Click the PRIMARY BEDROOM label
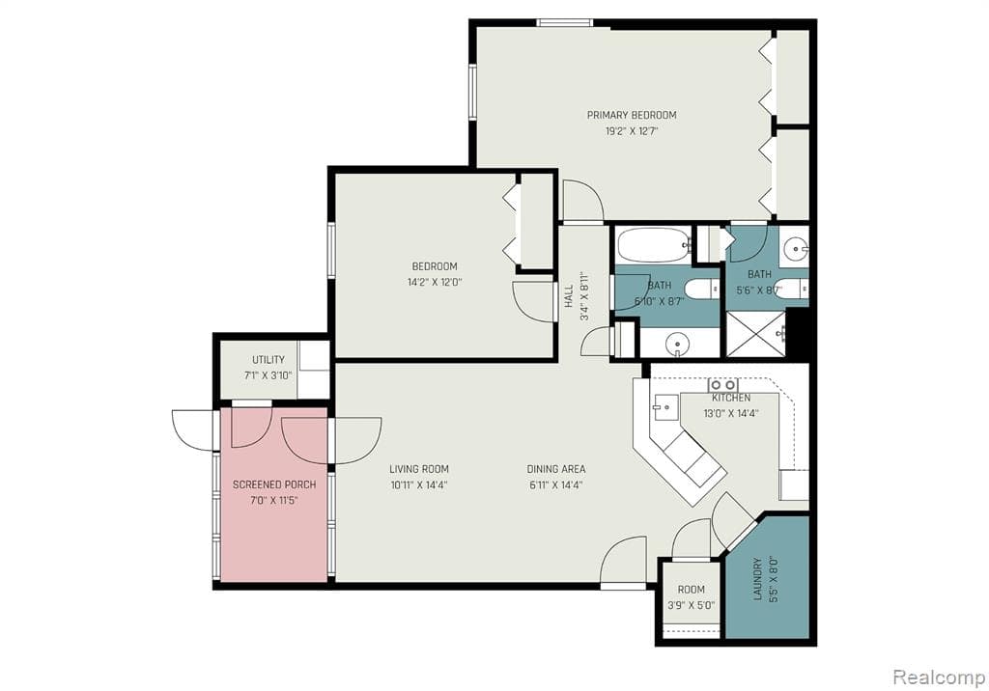(x=632, y=115)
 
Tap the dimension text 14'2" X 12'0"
(x=435, y=283)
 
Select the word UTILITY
(x=268, y=360)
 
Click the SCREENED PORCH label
(x=269, y=484)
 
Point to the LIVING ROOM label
(x=419, y=469)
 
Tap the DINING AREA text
(x=555, y=469)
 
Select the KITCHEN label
(x=731, y=398)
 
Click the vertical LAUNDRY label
(x=758, y=577)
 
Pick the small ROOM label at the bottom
(x=691, y=589)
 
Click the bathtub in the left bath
(x=654, y=245)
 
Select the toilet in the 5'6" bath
(x=791, y=288)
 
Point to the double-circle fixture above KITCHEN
(x=723, y=384)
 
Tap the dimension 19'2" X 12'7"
(x=632, y=131)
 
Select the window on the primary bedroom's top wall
(x=565, y=22)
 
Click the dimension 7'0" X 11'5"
(x=269, y=501)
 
